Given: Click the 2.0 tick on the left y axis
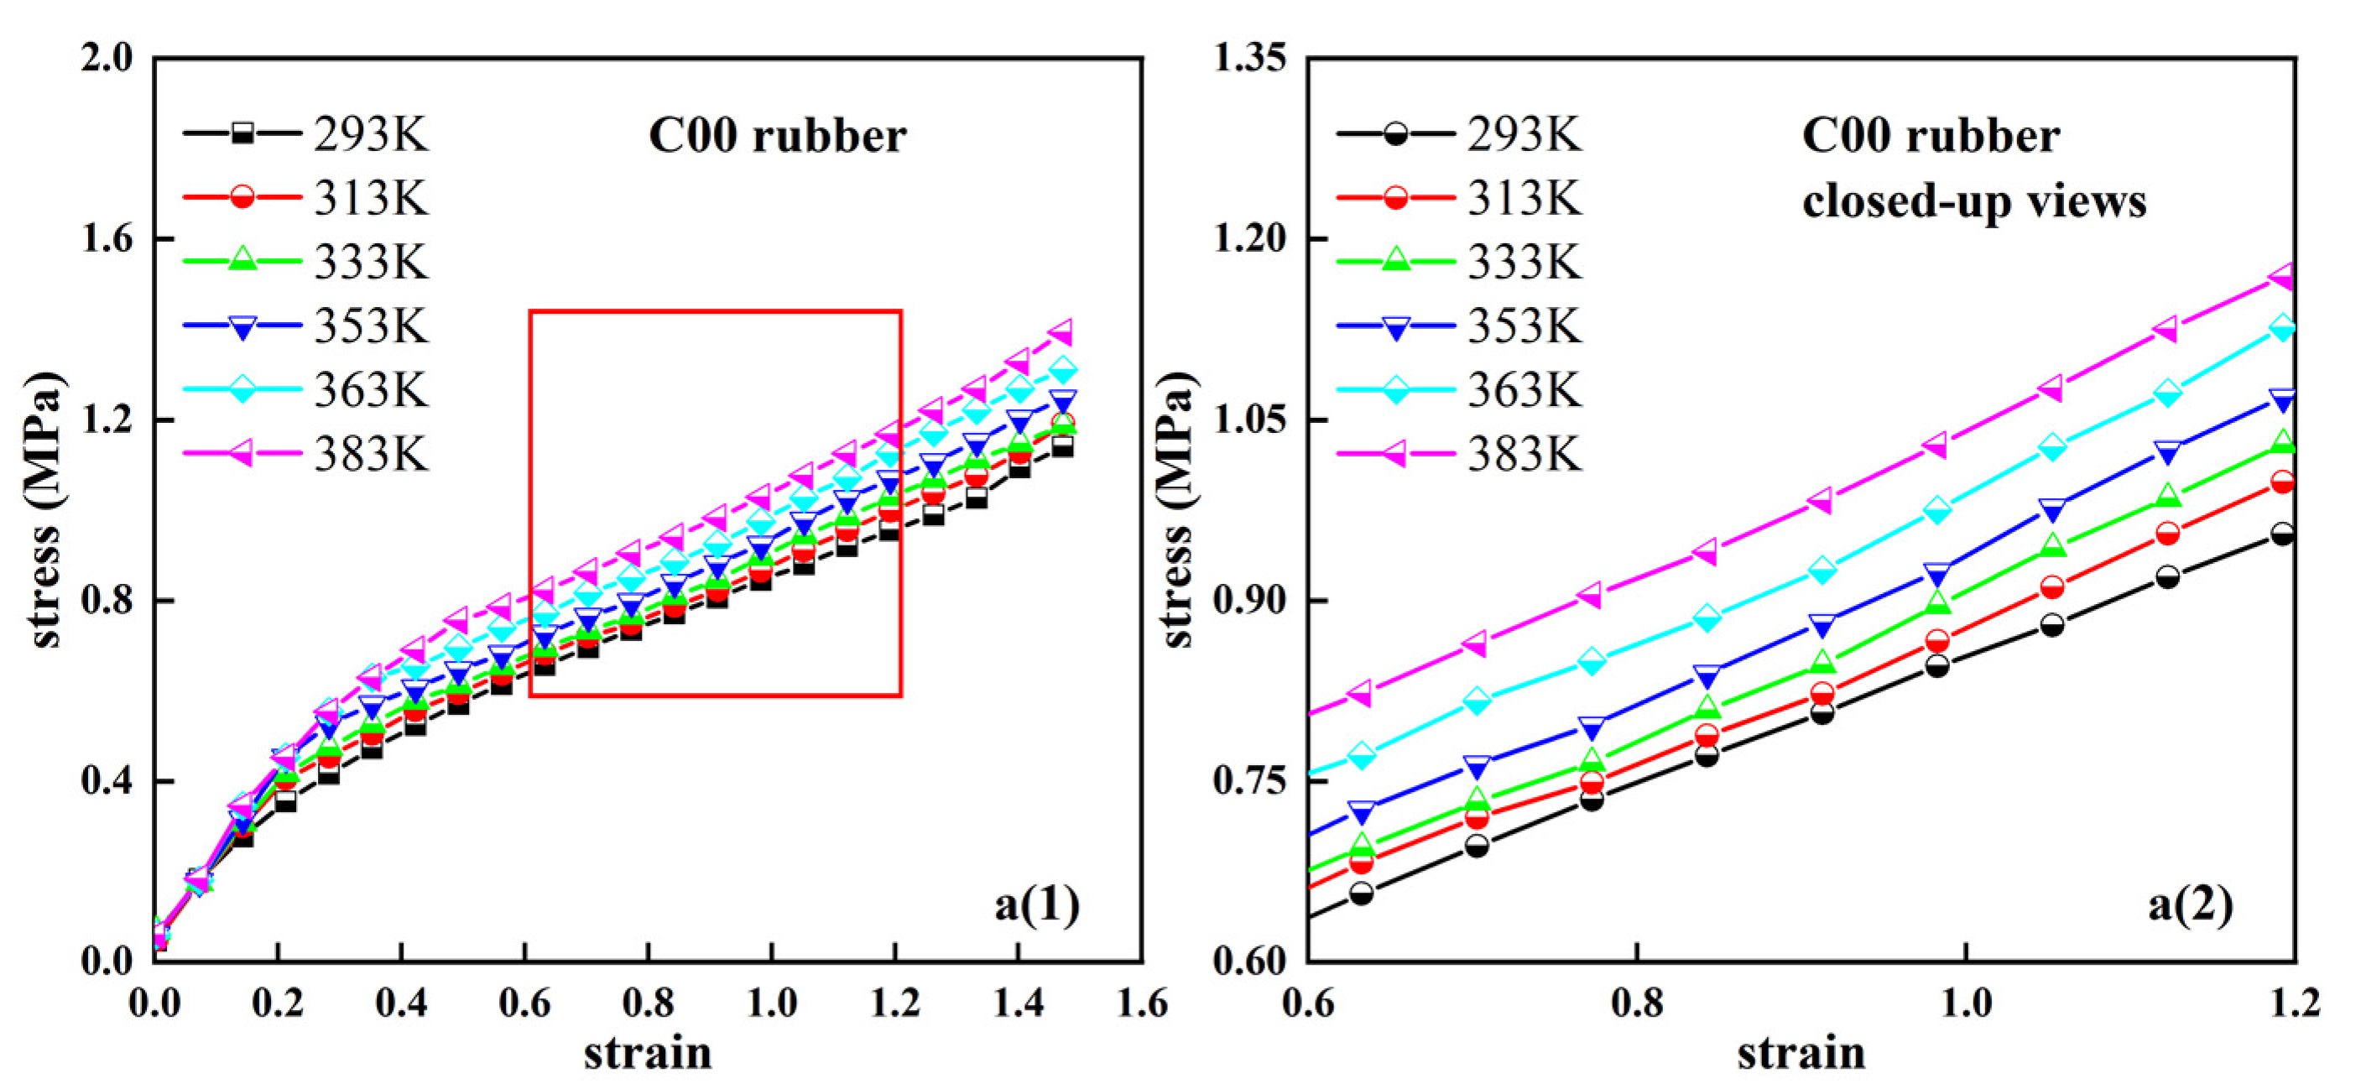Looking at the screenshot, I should pos(107,58).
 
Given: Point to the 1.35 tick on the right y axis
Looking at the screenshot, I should pos(1250,58).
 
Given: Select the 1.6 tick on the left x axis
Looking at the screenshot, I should pos(1142,1003).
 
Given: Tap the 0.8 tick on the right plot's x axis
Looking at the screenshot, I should pos(1637,1003).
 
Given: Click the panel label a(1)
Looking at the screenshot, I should pos(1036,904).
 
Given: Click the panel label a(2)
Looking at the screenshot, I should pos(2191,904).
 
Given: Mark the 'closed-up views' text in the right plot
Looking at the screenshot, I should pos(1973,201).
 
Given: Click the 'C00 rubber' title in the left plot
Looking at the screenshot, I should pos(777,136).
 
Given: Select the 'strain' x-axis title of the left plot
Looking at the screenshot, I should pos(648,1052).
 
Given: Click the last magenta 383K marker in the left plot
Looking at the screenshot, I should pos(1061,332).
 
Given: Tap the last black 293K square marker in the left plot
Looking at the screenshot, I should pos(1062,447).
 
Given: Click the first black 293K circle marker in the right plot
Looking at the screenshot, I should pos(1362,893).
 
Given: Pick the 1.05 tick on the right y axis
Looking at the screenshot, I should pos(1250,419).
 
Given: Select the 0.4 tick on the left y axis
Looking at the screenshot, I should pos(107,781).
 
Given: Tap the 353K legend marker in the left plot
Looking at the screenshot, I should pos(242,327).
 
